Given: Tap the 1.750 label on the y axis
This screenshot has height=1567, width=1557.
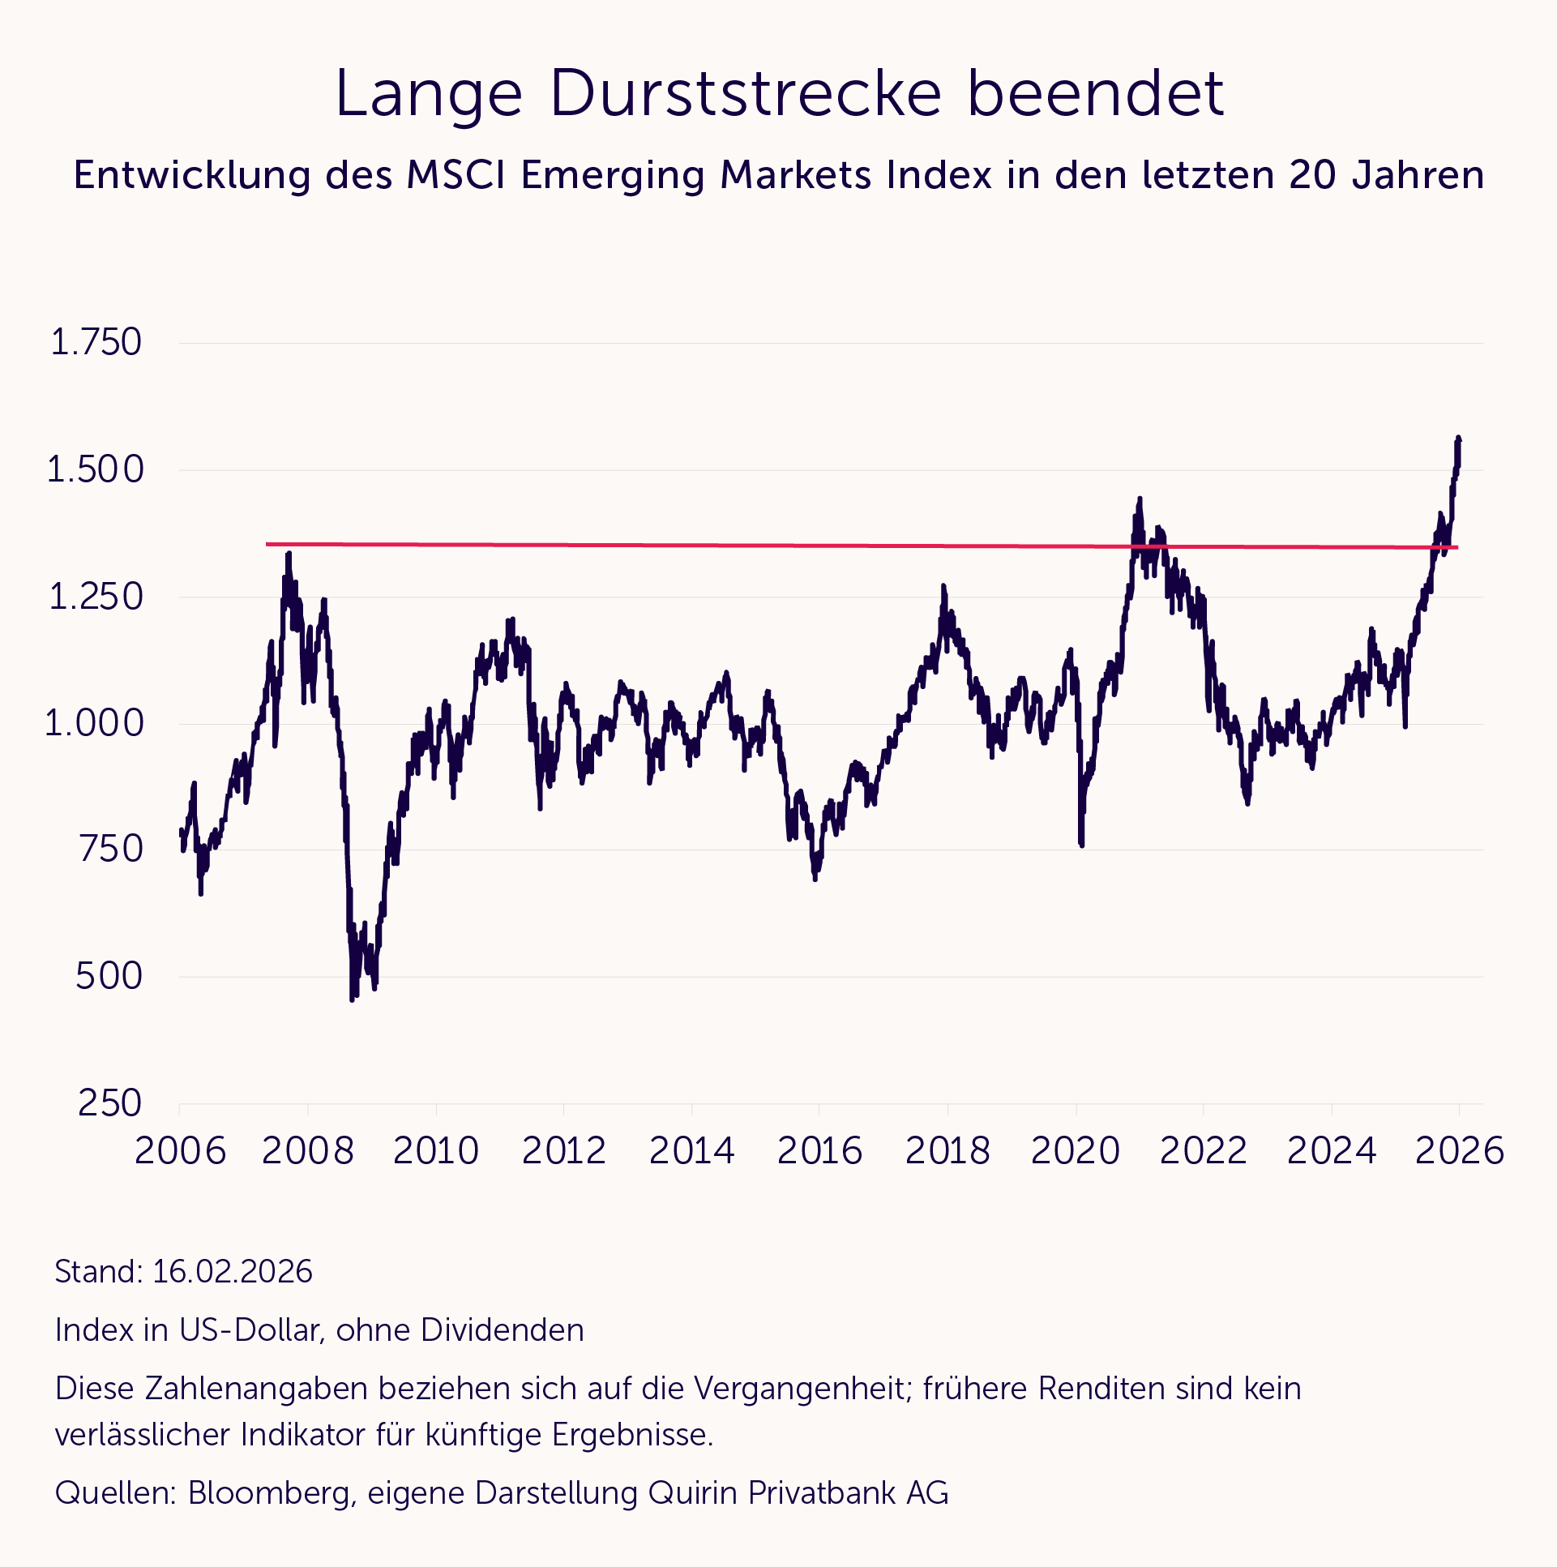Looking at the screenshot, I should [96, 343].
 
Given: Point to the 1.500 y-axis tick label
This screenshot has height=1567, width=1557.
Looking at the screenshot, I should [95, 469].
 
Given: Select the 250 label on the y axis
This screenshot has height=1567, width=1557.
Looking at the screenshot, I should [109, 1103].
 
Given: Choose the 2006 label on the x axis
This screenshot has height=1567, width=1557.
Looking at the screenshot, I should [180, 1151].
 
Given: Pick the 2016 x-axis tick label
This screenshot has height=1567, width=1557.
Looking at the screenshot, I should [819, 1151].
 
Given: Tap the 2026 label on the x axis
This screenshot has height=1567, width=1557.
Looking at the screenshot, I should [1459, 1151].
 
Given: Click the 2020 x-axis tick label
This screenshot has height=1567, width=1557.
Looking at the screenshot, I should [1076, 1151].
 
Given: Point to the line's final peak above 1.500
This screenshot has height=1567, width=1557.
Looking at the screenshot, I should [1458, 439].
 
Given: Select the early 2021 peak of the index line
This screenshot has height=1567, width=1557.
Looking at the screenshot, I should [1140, 499].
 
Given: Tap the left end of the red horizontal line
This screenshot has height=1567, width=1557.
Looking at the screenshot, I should [267, 544].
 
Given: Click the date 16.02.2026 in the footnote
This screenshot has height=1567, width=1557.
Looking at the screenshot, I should [232, 1272].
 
